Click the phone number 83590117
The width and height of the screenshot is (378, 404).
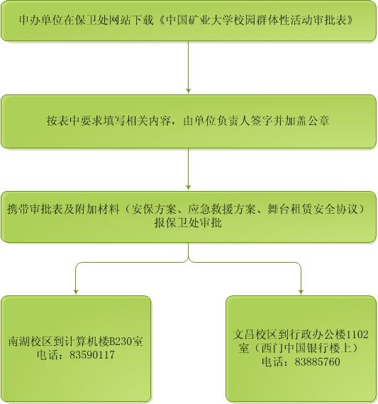(x=92, y=355)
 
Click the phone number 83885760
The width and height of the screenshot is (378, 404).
(x=317, y=362)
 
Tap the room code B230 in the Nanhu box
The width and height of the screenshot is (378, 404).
(x=121, y=342)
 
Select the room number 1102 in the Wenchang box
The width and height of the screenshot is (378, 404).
(x=357, y=334)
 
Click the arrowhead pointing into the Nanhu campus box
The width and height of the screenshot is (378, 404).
(x=76, y=292)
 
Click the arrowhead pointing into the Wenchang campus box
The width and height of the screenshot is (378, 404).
(x=301, y=292)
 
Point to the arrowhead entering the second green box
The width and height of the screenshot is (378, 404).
(x=188, y=91)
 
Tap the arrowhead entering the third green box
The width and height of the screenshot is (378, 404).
(x=188, y=187)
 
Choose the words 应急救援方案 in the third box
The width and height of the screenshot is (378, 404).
(x=222, y=209)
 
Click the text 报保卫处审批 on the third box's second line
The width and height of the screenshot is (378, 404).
(x=188, y=223)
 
